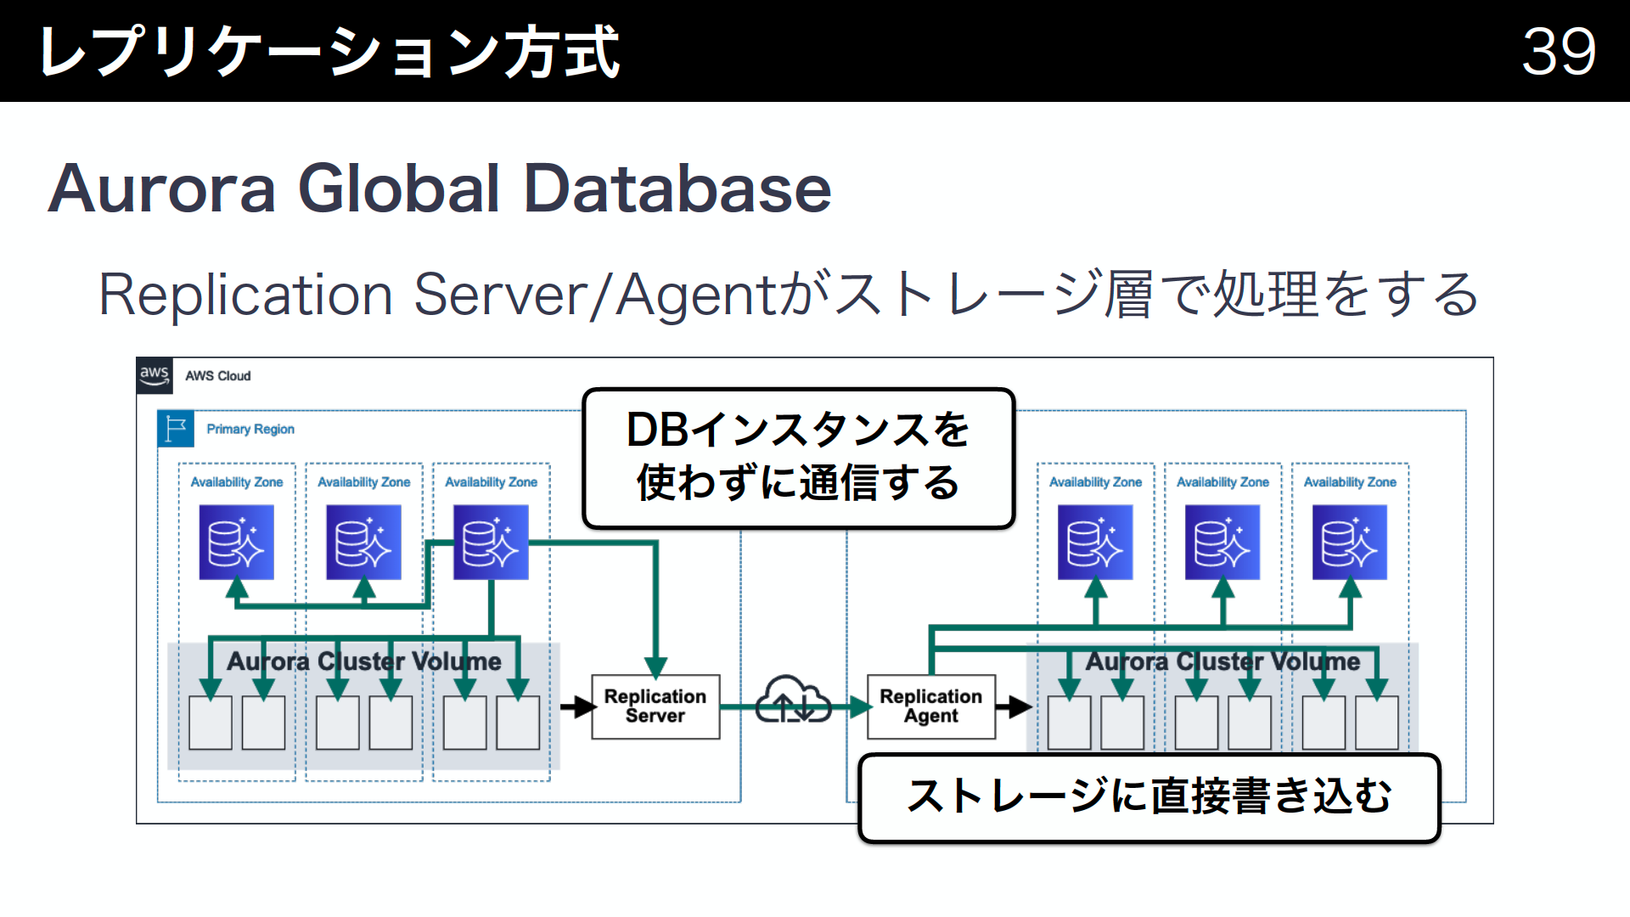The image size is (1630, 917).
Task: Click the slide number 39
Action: pyautogui.click(x=1558, y=51)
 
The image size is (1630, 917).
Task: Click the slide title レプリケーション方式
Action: pyautogui.click(x=329, y=51)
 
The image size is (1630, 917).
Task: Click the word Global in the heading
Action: pyautogui.click(x=398, y=188)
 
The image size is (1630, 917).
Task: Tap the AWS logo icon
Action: pyautogui.click(x=155, y=374)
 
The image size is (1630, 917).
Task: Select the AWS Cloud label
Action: pyautogui.click(x=218, y=375)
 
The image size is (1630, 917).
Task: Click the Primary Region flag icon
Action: pyautogui.click(x=176, y=429)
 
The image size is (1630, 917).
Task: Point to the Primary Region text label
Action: pyautogui.click(x=250, y=429)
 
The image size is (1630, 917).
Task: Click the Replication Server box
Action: pyautogui.click(x=655, y=706)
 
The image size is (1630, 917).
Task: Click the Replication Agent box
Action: pyautogui.click(x=930, y=706)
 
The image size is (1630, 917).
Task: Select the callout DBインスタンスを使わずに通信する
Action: pyautogui.click(x=798, y=457)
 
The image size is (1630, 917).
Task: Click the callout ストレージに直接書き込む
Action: pyautogui.click(x=1149, y=796)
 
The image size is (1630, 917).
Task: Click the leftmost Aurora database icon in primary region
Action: pyautogui.click(x=236, y=542)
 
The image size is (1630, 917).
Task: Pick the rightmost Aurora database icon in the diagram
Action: pyautogui.click(x=1349, y=542)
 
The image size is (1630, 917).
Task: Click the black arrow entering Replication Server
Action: pyautogui.click(x=578, y=706)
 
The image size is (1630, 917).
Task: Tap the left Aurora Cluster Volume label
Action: pyautogui.click(x=363, y=661)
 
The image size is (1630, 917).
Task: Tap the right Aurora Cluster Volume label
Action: pyautogui.click(x=1222, y=661)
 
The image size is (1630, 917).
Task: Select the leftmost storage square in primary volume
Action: pyautogui.click(x=211, y=723)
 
